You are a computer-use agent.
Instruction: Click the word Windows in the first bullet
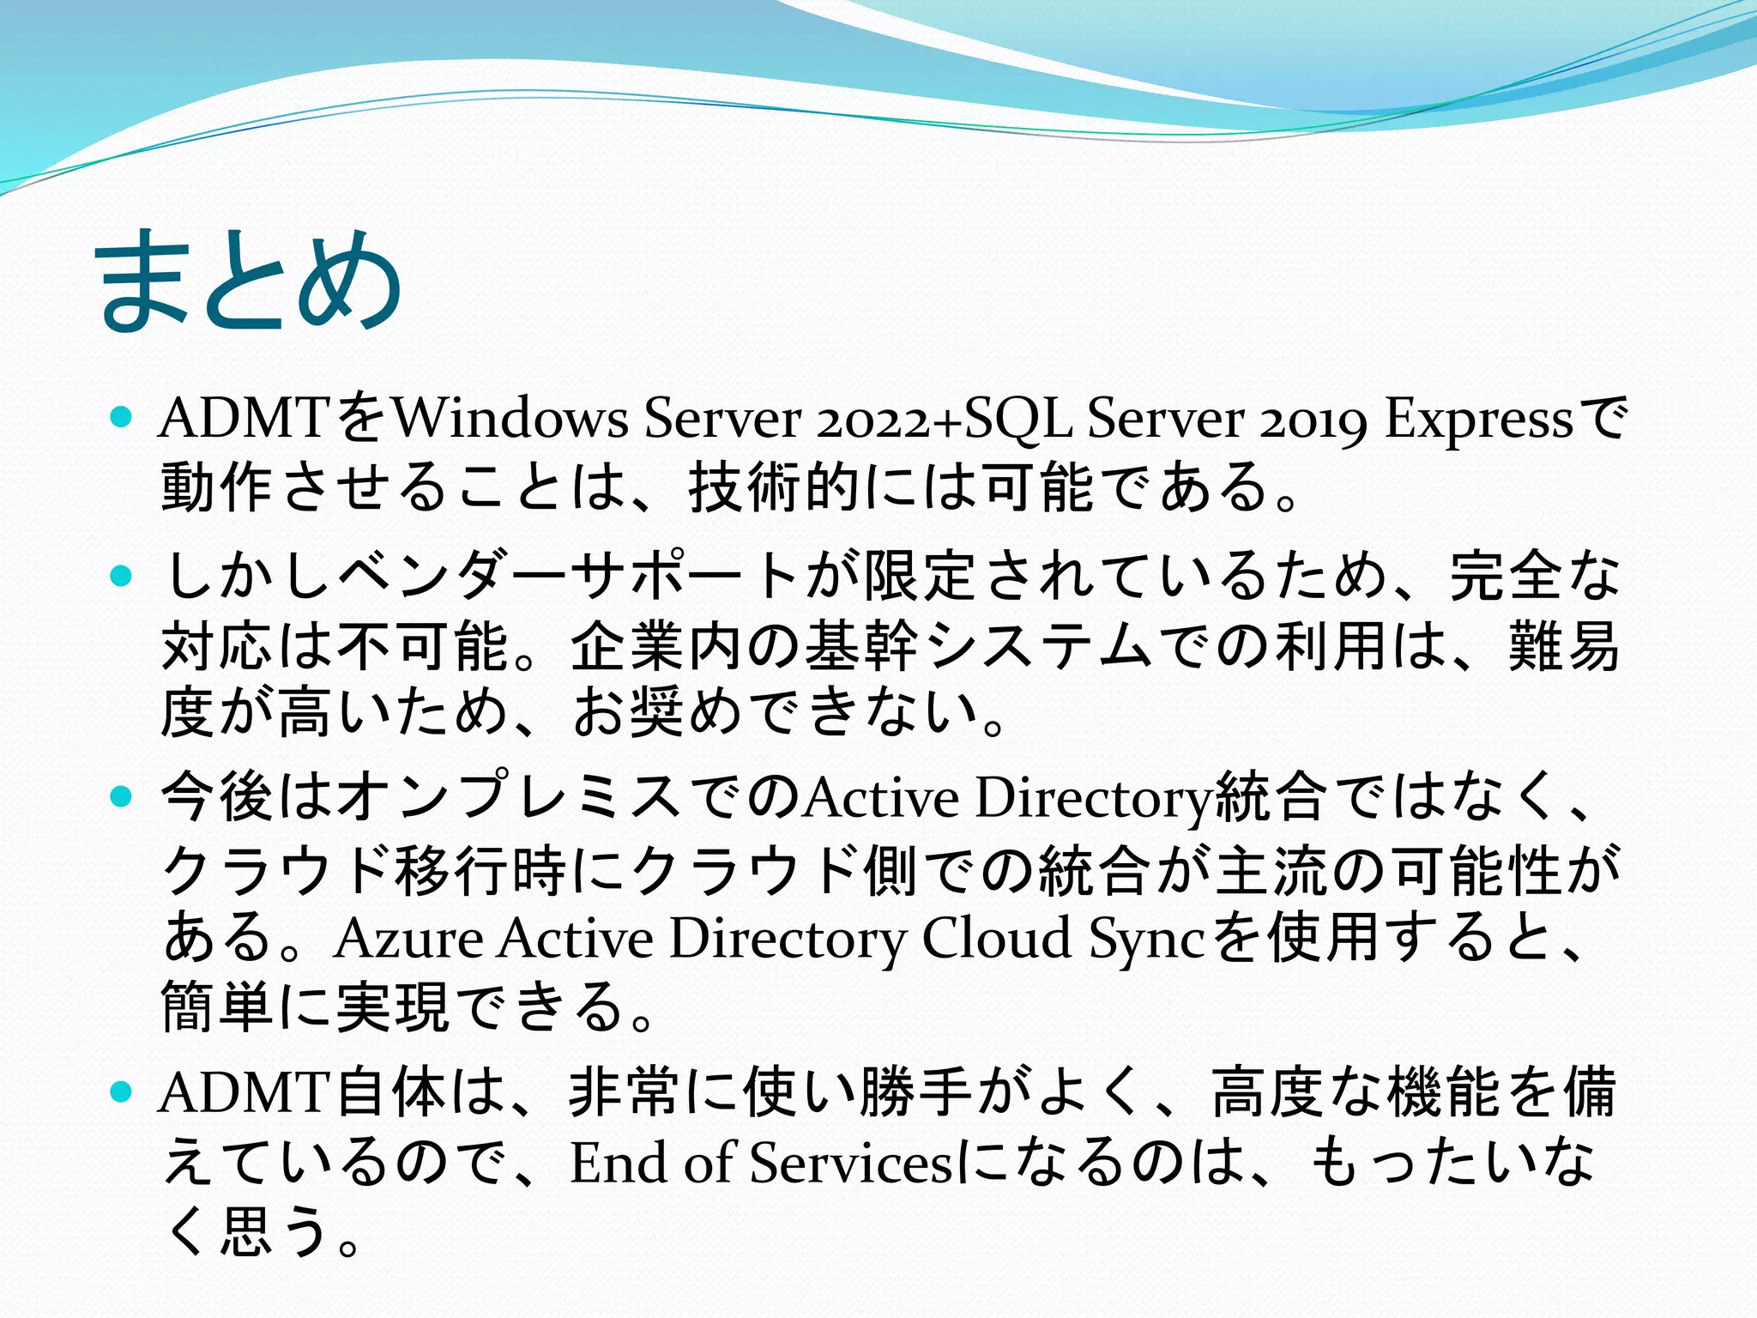510,420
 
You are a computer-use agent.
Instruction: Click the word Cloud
995,938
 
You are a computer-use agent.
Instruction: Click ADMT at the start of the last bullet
245,1093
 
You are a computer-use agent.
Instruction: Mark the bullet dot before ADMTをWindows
122,419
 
